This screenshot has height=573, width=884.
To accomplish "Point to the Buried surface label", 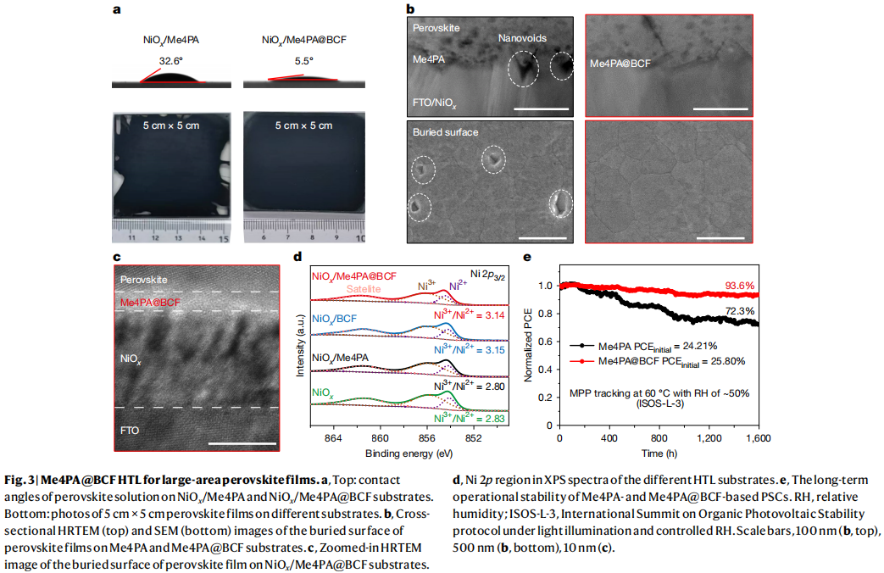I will click(x=445, y=133).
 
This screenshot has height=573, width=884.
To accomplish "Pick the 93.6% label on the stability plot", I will click(x=739, y=286).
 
